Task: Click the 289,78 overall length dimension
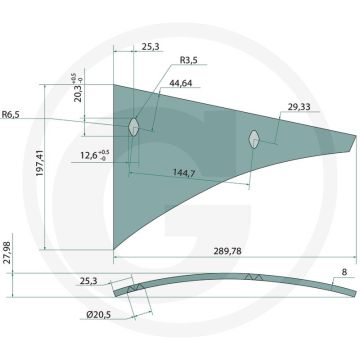[x=228, y=251]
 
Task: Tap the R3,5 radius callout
[x=189, y=60]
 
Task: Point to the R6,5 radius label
[x=10, y=115]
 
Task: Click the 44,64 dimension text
[x=181, y=83]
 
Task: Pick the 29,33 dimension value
[x=299, y=107]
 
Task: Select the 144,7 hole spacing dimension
[x=183, y=172]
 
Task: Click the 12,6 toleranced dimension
[x=95, y=155]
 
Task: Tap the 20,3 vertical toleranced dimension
[x=76, y=87]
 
